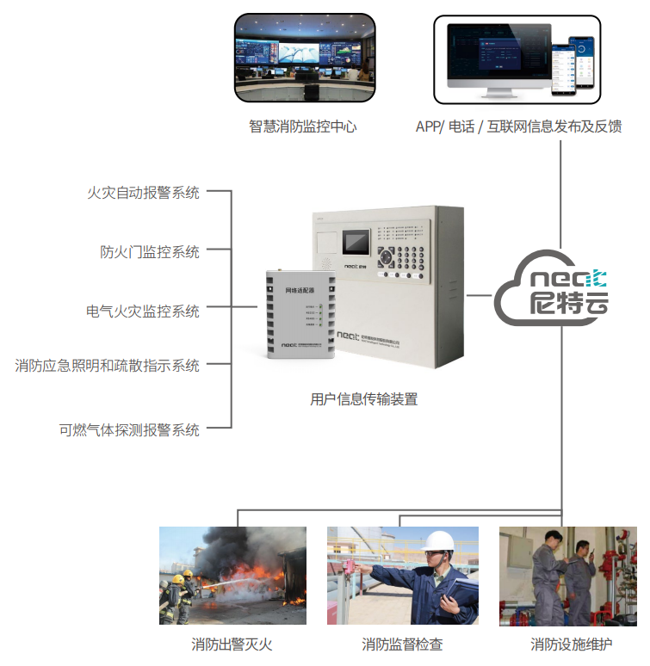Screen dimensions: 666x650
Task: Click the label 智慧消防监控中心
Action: coord(302,126)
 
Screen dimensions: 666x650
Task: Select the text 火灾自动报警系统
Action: coord(143,192)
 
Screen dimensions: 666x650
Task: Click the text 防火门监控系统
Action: coord(150,251)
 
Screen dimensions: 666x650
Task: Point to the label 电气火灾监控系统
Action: coord(143,311)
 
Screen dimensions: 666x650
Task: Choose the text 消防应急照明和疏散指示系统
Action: coord(107,365)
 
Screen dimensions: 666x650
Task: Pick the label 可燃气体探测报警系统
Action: coord(129,429)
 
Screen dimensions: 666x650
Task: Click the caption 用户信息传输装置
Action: coord(363,399)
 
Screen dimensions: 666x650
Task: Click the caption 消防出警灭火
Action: coord(232,644)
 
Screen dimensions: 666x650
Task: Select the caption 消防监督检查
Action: coord(402,644)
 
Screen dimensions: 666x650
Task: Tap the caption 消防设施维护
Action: coord(571,644)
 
